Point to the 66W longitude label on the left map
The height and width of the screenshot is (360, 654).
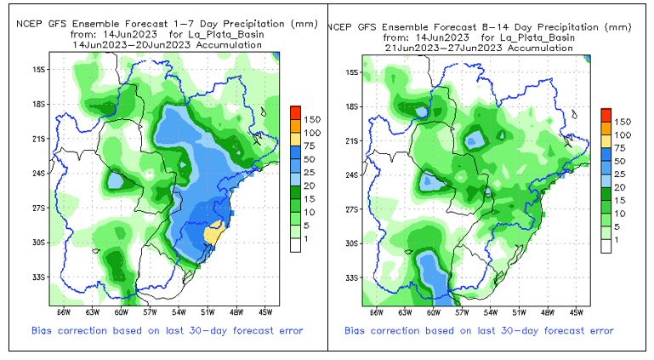(x=62, y=311)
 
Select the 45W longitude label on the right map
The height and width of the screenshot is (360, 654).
(x=576, y=311)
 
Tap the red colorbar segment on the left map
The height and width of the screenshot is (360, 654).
(x=294, y=112)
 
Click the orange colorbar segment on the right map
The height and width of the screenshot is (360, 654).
(x=606, y=128)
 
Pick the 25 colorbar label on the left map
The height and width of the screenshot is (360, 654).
(x=310, y=172)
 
